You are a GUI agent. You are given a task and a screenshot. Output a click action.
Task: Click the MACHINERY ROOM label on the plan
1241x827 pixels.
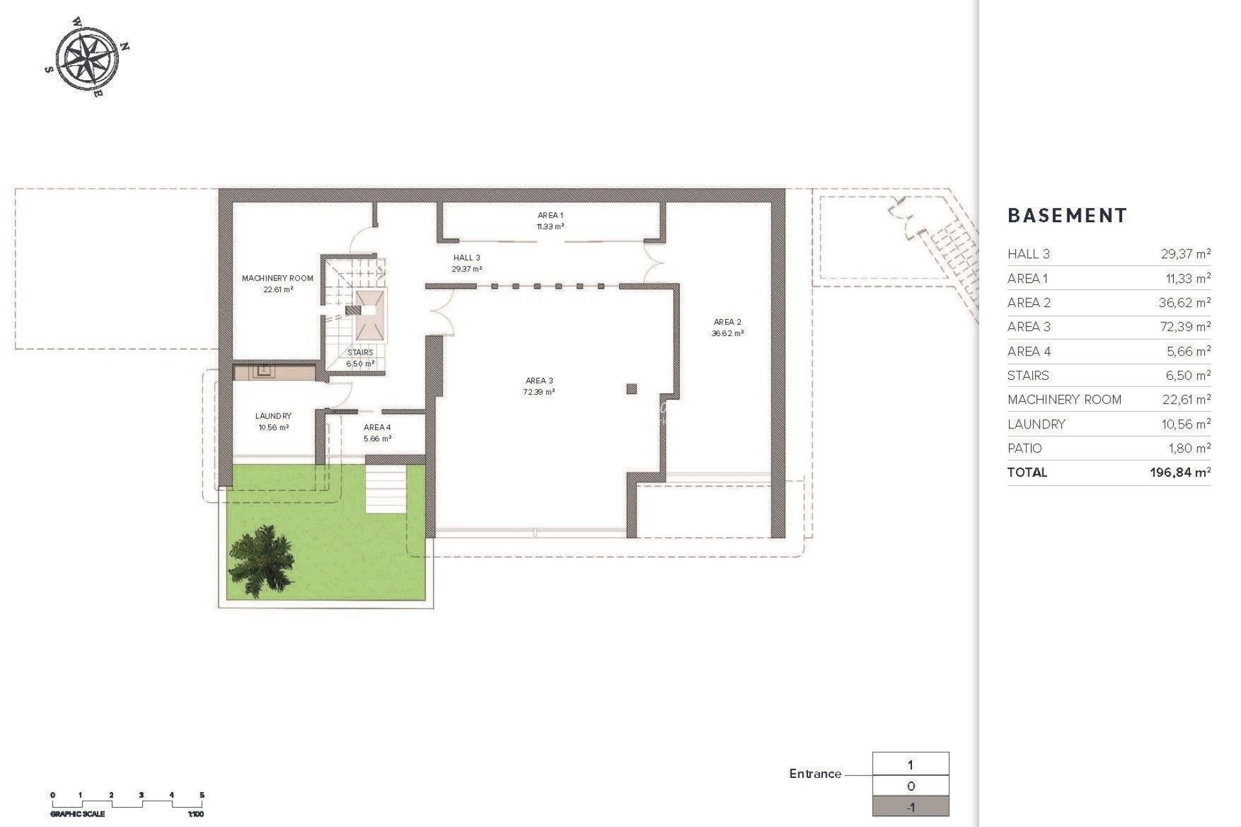tap(277, 278)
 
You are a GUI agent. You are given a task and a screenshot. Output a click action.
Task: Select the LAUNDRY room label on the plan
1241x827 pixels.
tap(273, 416)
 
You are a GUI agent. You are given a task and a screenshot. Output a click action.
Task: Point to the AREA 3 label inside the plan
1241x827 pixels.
tap(538, 381)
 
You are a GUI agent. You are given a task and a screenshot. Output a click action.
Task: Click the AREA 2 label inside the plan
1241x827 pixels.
tap(727, 322)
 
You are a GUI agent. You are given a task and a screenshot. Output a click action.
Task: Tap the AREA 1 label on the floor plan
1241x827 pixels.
tap(551, 215)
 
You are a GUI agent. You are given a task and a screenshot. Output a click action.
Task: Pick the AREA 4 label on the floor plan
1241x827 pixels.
tap(377, 427)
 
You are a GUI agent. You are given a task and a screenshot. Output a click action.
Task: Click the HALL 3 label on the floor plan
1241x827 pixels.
tap(467, 258)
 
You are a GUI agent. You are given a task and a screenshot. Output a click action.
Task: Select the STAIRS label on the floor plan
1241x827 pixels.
tap(360, 352)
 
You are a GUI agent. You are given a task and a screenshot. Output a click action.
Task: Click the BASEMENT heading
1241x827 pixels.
tap(1067, 216)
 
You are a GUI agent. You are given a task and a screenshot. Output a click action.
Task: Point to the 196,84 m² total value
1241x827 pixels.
tap(1180, 472)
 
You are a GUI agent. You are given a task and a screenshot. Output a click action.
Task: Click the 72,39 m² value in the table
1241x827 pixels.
tap(1185, 327)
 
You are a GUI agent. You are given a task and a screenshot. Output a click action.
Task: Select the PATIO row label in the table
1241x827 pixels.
tap(1024, 448)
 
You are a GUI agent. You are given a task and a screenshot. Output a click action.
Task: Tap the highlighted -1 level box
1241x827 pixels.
tap(910, 807)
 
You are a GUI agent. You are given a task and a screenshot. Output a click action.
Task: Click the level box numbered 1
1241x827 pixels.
tap(910, 765)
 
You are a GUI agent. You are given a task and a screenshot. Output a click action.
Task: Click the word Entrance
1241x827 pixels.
tap(814, 774)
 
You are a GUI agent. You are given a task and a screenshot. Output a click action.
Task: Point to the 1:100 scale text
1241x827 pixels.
tap(195, 814)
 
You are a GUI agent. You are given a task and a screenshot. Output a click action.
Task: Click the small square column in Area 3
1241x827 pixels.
tap(631, 389)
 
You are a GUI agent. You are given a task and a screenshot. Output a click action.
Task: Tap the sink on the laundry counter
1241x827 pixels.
tap(264, 371)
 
